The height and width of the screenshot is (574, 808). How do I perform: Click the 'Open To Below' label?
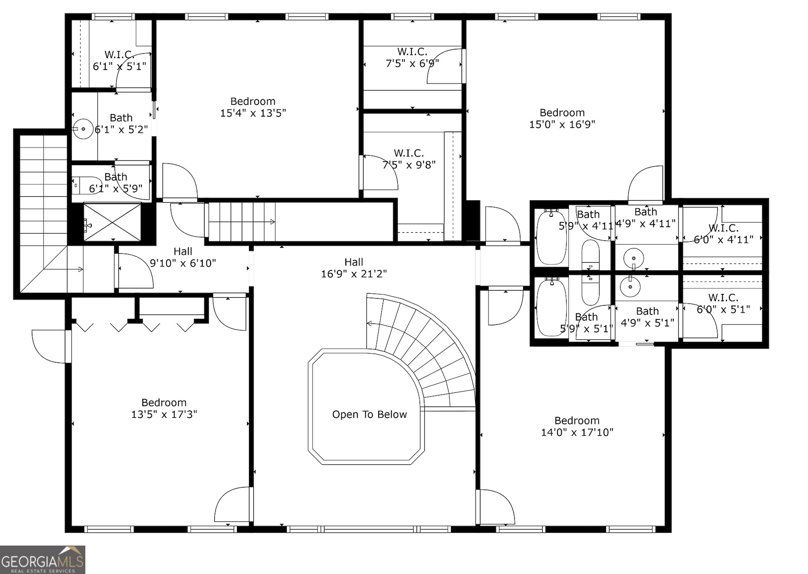coord(369,415)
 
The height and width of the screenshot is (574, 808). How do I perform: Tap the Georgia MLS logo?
coord(42,559)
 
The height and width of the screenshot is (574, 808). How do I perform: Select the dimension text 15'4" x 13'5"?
coord(253,113)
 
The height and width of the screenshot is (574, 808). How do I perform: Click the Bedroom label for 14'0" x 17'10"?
coord(576,420)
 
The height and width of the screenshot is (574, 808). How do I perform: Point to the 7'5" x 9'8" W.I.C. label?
coord(409,159)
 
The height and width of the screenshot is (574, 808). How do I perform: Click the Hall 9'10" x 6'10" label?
coord(183,258)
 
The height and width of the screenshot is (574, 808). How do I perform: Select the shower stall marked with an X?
coord(112,222)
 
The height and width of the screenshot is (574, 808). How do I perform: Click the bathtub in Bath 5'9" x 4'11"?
coord(552,238)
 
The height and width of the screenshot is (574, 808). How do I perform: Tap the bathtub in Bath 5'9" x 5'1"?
coord(552,307)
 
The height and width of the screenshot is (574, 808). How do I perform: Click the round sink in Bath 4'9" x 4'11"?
coord(633,258)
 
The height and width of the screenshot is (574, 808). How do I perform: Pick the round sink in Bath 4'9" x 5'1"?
coord(630,287)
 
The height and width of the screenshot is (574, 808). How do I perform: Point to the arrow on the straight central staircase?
coord(272,222)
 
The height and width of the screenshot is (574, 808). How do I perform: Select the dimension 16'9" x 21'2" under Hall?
coord(354,274)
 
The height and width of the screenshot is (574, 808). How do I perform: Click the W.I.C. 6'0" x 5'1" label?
coord(723,303)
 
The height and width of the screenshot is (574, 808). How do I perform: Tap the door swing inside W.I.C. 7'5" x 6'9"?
coord(444,67)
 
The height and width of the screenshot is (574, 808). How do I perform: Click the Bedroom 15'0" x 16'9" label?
coord(562,119)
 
